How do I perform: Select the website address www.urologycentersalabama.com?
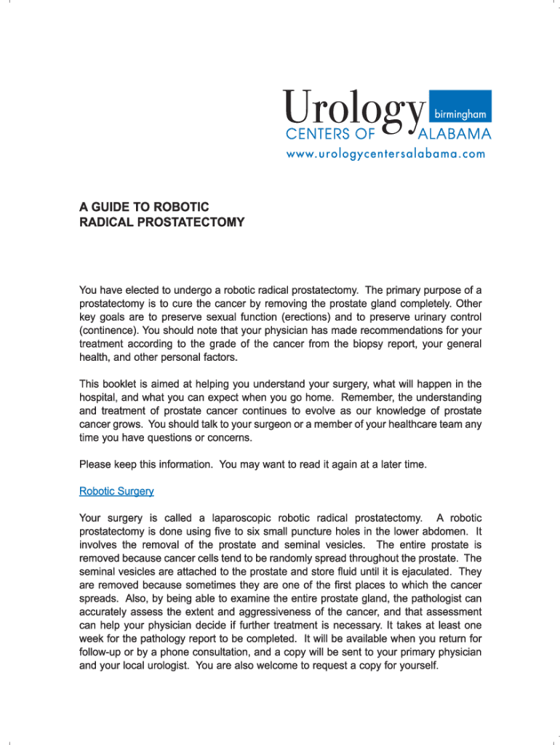coord(385,154)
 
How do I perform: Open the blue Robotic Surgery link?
coord(116,491)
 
